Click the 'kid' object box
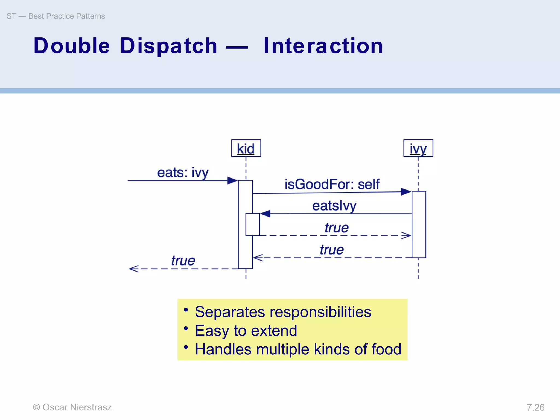pos(246,148)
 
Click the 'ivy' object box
pos(418,148)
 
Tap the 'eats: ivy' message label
pos(183,173)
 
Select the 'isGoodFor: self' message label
pos(332,184)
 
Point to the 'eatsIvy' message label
pos(334,206)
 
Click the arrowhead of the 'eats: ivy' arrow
pos(232,180)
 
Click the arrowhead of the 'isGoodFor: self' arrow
pos(406,192)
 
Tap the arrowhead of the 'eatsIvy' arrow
pos(265,214)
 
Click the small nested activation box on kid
pos(252,224)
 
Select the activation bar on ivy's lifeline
pos(419,224)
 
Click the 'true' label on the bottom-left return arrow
pos(183,260)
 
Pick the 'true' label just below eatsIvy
pos(336,227)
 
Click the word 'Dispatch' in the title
pos(169,46)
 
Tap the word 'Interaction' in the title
pos(323,46)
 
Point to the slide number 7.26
pos(535,407)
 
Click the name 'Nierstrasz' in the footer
pos(91,407)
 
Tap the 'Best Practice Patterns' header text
pos(66,16)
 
